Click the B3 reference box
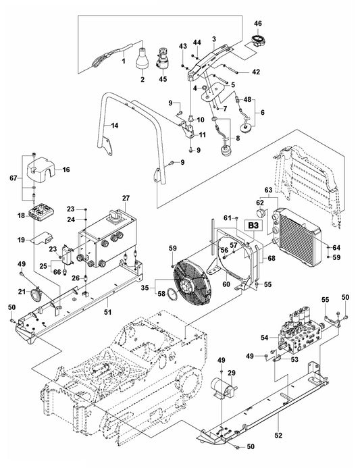pyautogui.click(x=254, y=225)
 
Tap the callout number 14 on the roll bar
pyautogui.click(x=114, y=126)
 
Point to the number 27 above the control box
pyautogui.click(x=124, y=198)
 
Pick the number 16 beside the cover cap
pyautogui.click(x=66, y=171)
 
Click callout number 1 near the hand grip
pyautogui.click(x=124, y=61)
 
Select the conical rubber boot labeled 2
pyautogui.click(x=143, y=59)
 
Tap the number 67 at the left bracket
pyautogui.click(x=12, y=178)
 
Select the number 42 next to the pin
pyautogui.click(x=236, y=72)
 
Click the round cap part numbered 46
pyautogui.click(x=257, y=39)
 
